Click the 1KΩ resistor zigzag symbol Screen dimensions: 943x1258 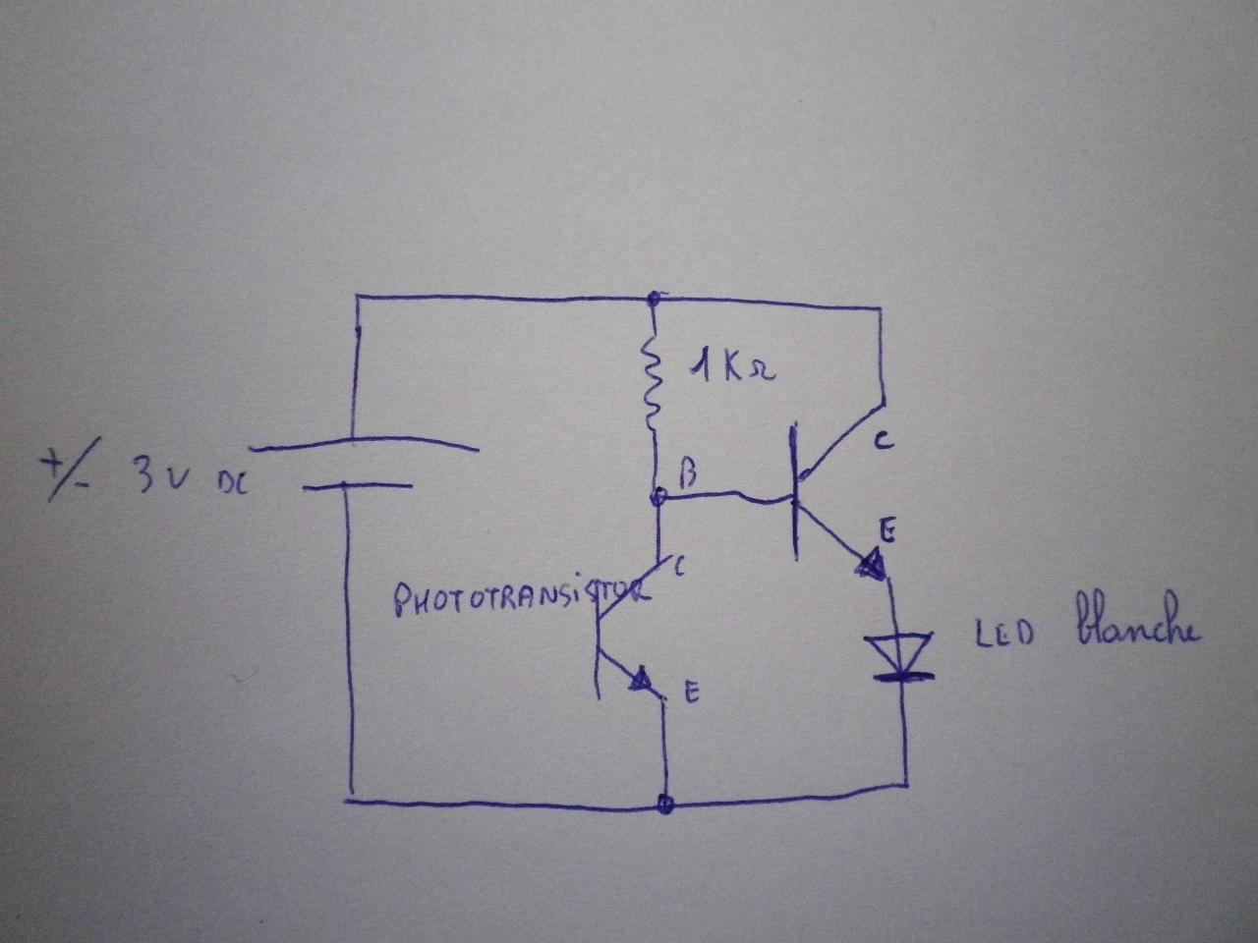(651, 384)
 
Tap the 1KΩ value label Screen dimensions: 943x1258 (732, 370)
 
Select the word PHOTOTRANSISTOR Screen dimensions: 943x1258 (521, 597)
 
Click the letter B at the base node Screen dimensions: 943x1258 (688, 476)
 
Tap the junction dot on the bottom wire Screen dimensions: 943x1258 (666, 804)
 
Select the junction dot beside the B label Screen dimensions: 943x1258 (658, 499)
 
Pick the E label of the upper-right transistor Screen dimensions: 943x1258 (886, 531)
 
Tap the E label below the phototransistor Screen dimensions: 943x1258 (691, 693)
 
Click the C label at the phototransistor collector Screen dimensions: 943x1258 (680, 566)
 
